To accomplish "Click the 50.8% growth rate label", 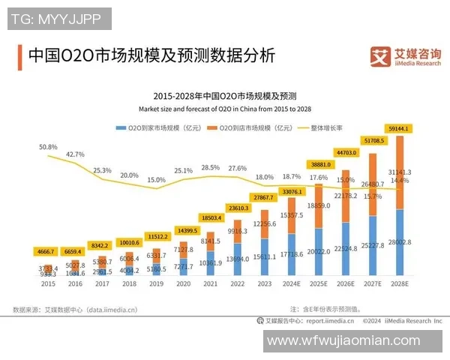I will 48,147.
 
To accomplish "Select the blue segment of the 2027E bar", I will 372,247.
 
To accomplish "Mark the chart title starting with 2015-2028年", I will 225,96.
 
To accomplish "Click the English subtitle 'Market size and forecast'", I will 225,109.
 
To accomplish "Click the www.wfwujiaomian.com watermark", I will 344,341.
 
